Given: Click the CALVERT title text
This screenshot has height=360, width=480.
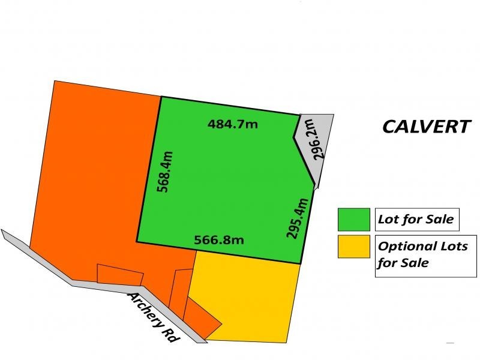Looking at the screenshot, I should click(x=426, y=127).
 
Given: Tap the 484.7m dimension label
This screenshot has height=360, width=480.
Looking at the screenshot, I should click(x=232, y=125).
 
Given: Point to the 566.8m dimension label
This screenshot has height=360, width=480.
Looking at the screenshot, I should click(x=219, y=240).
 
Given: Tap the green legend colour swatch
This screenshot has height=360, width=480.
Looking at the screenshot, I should click(x=353, y=220).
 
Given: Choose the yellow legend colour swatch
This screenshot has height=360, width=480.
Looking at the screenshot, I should click(x=353, y=247).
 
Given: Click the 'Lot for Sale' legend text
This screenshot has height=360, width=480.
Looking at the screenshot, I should click(x=415, y=219).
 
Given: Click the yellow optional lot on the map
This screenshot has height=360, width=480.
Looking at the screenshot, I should click(x=246, y=294).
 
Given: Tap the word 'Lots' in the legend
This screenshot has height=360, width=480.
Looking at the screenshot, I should click(x=452, y=246).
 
